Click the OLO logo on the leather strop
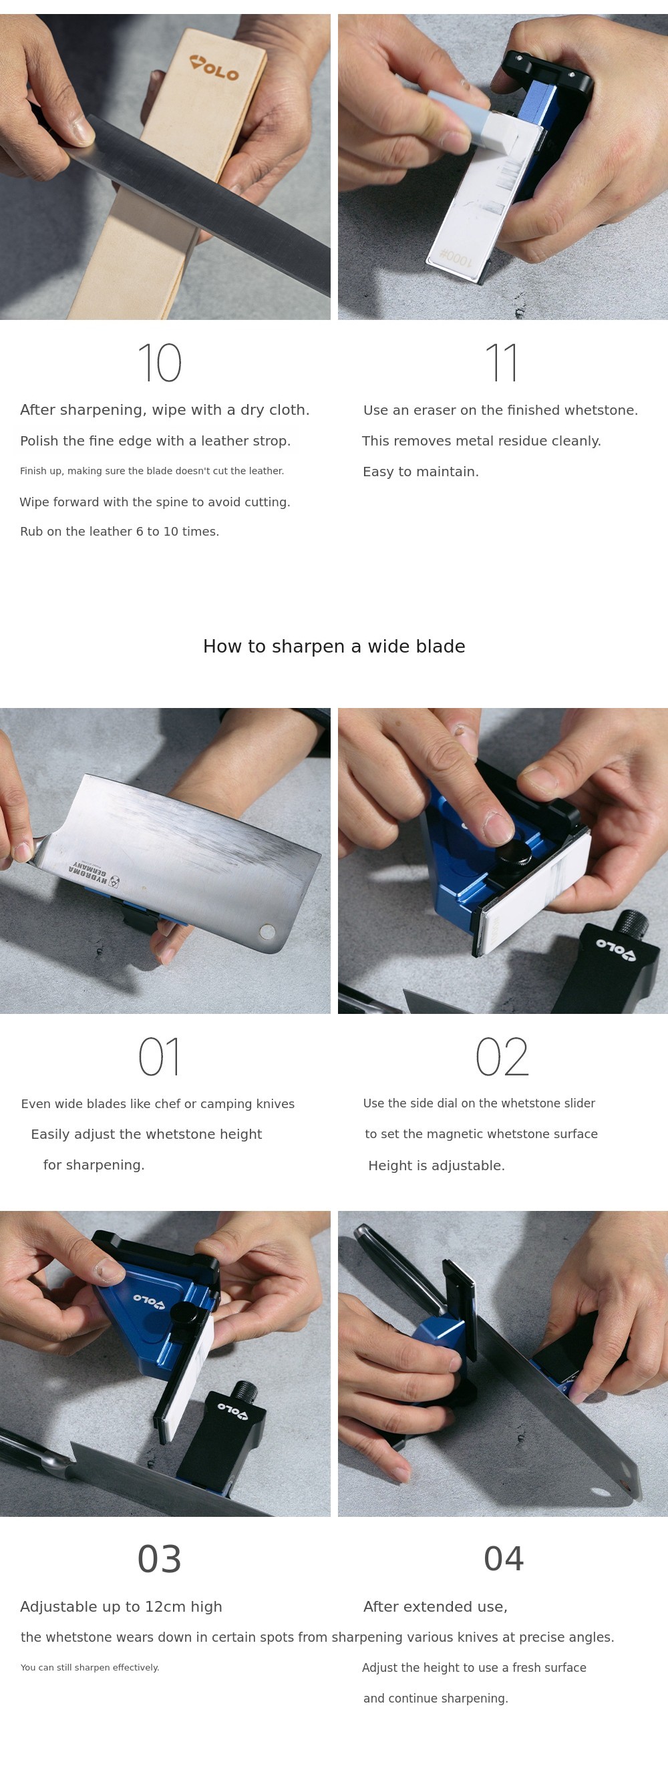click(214, 68)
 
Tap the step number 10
click(160, 363)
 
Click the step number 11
click(502, 363)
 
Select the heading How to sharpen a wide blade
click(334, 647)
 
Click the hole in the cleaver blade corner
click(267, 931)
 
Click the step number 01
click(159, 1057)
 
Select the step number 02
click(502, 1057)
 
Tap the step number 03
click(159, 1559)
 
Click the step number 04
click(504, 1559)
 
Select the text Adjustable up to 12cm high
click(121, 1606)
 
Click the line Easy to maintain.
click(420, 472)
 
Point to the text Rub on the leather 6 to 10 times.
click(120, 531)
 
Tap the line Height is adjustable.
click(436, 1166)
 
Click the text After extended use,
click(436, 1607)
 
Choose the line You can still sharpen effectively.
click(90, 1667)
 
